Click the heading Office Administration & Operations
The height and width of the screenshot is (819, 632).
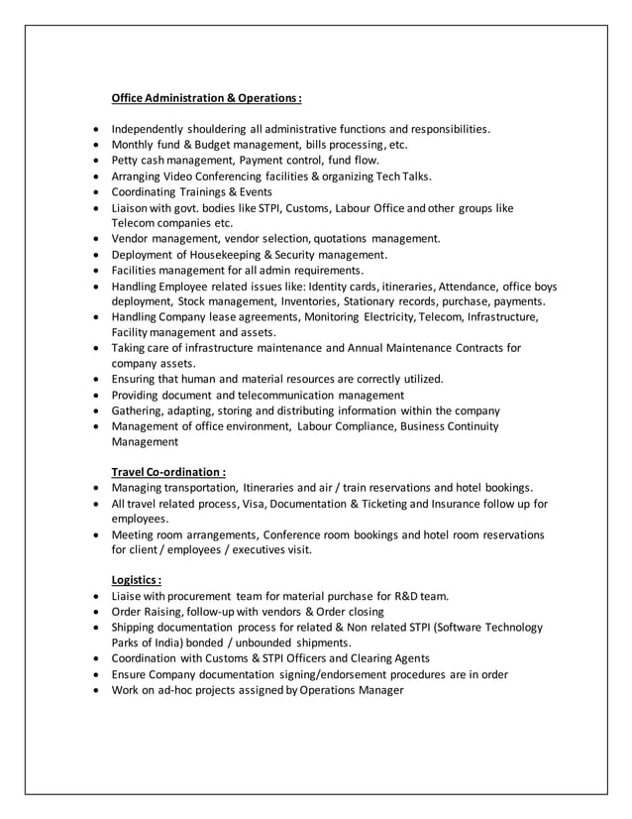tap(206, 98)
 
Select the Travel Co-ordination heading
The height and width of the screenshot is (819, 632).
tap(168, 471)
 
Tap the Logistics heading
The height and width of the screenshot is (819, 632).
tap(137, 580)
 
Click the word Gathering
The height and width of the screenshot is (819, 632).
tap(140, 409)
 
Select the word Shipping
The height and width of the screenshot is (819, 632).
tap(137, 628)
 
